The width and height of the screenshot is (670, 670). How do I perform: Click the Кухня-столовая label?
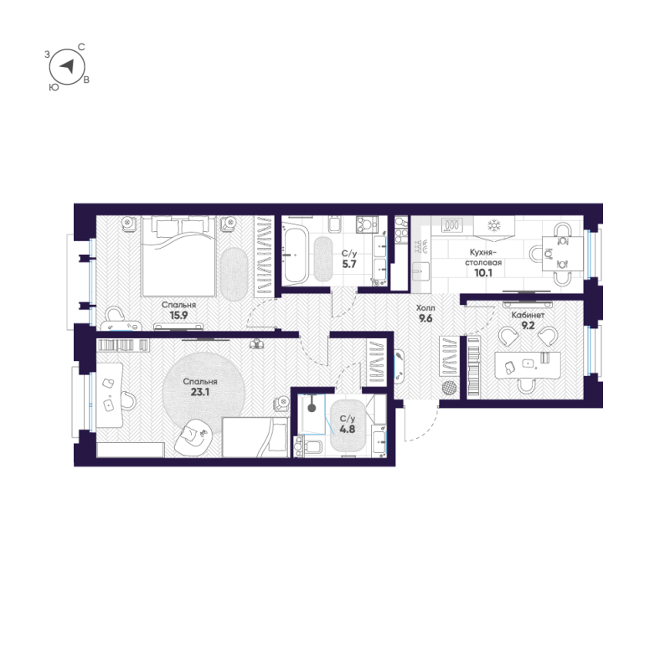(x=484, y=256)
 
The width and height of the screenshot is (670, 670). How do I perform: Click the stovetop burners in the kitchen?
(x=452, y=224)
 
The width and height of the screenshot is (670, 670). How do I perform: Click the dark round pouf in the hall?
(x=451, y=388)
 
